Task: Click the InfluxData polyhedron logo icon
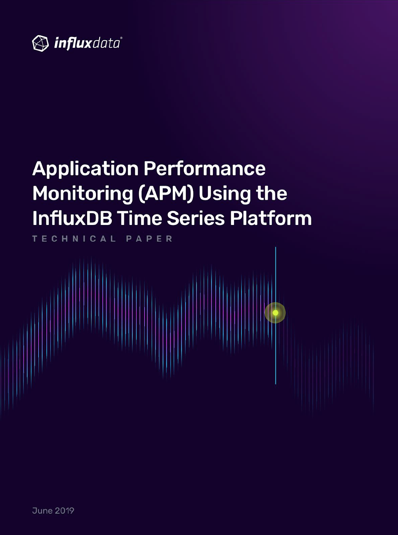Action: [x=40, y=44]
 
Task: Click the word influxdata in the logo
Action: [x=87, y=44]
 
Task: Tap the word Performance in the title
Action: [x=205, y=169]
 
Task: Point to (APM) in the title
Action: [x=166, y=194]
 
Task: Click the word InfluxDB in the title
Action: [x=72, y=218]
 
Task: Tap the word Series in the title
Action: [x=196, y=219]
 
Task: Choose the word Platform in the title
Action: [x=271, y=218]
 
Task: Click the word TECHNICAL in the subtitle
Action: [x=74, y=239]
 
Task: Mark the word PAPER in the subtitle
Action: [x=149, y=239]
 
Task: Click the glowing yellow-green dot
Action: [x=275, y=313]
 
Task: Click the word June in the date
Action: [x=42, y=511]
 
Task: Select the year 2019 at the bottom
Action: [x=64, y=511]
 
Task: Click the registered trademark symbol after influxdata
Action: [x=121, y=38]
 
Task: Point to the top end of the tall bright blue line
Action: [x=275, y=247]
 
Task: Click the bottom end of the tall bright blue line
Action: [x=275, y=384]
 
